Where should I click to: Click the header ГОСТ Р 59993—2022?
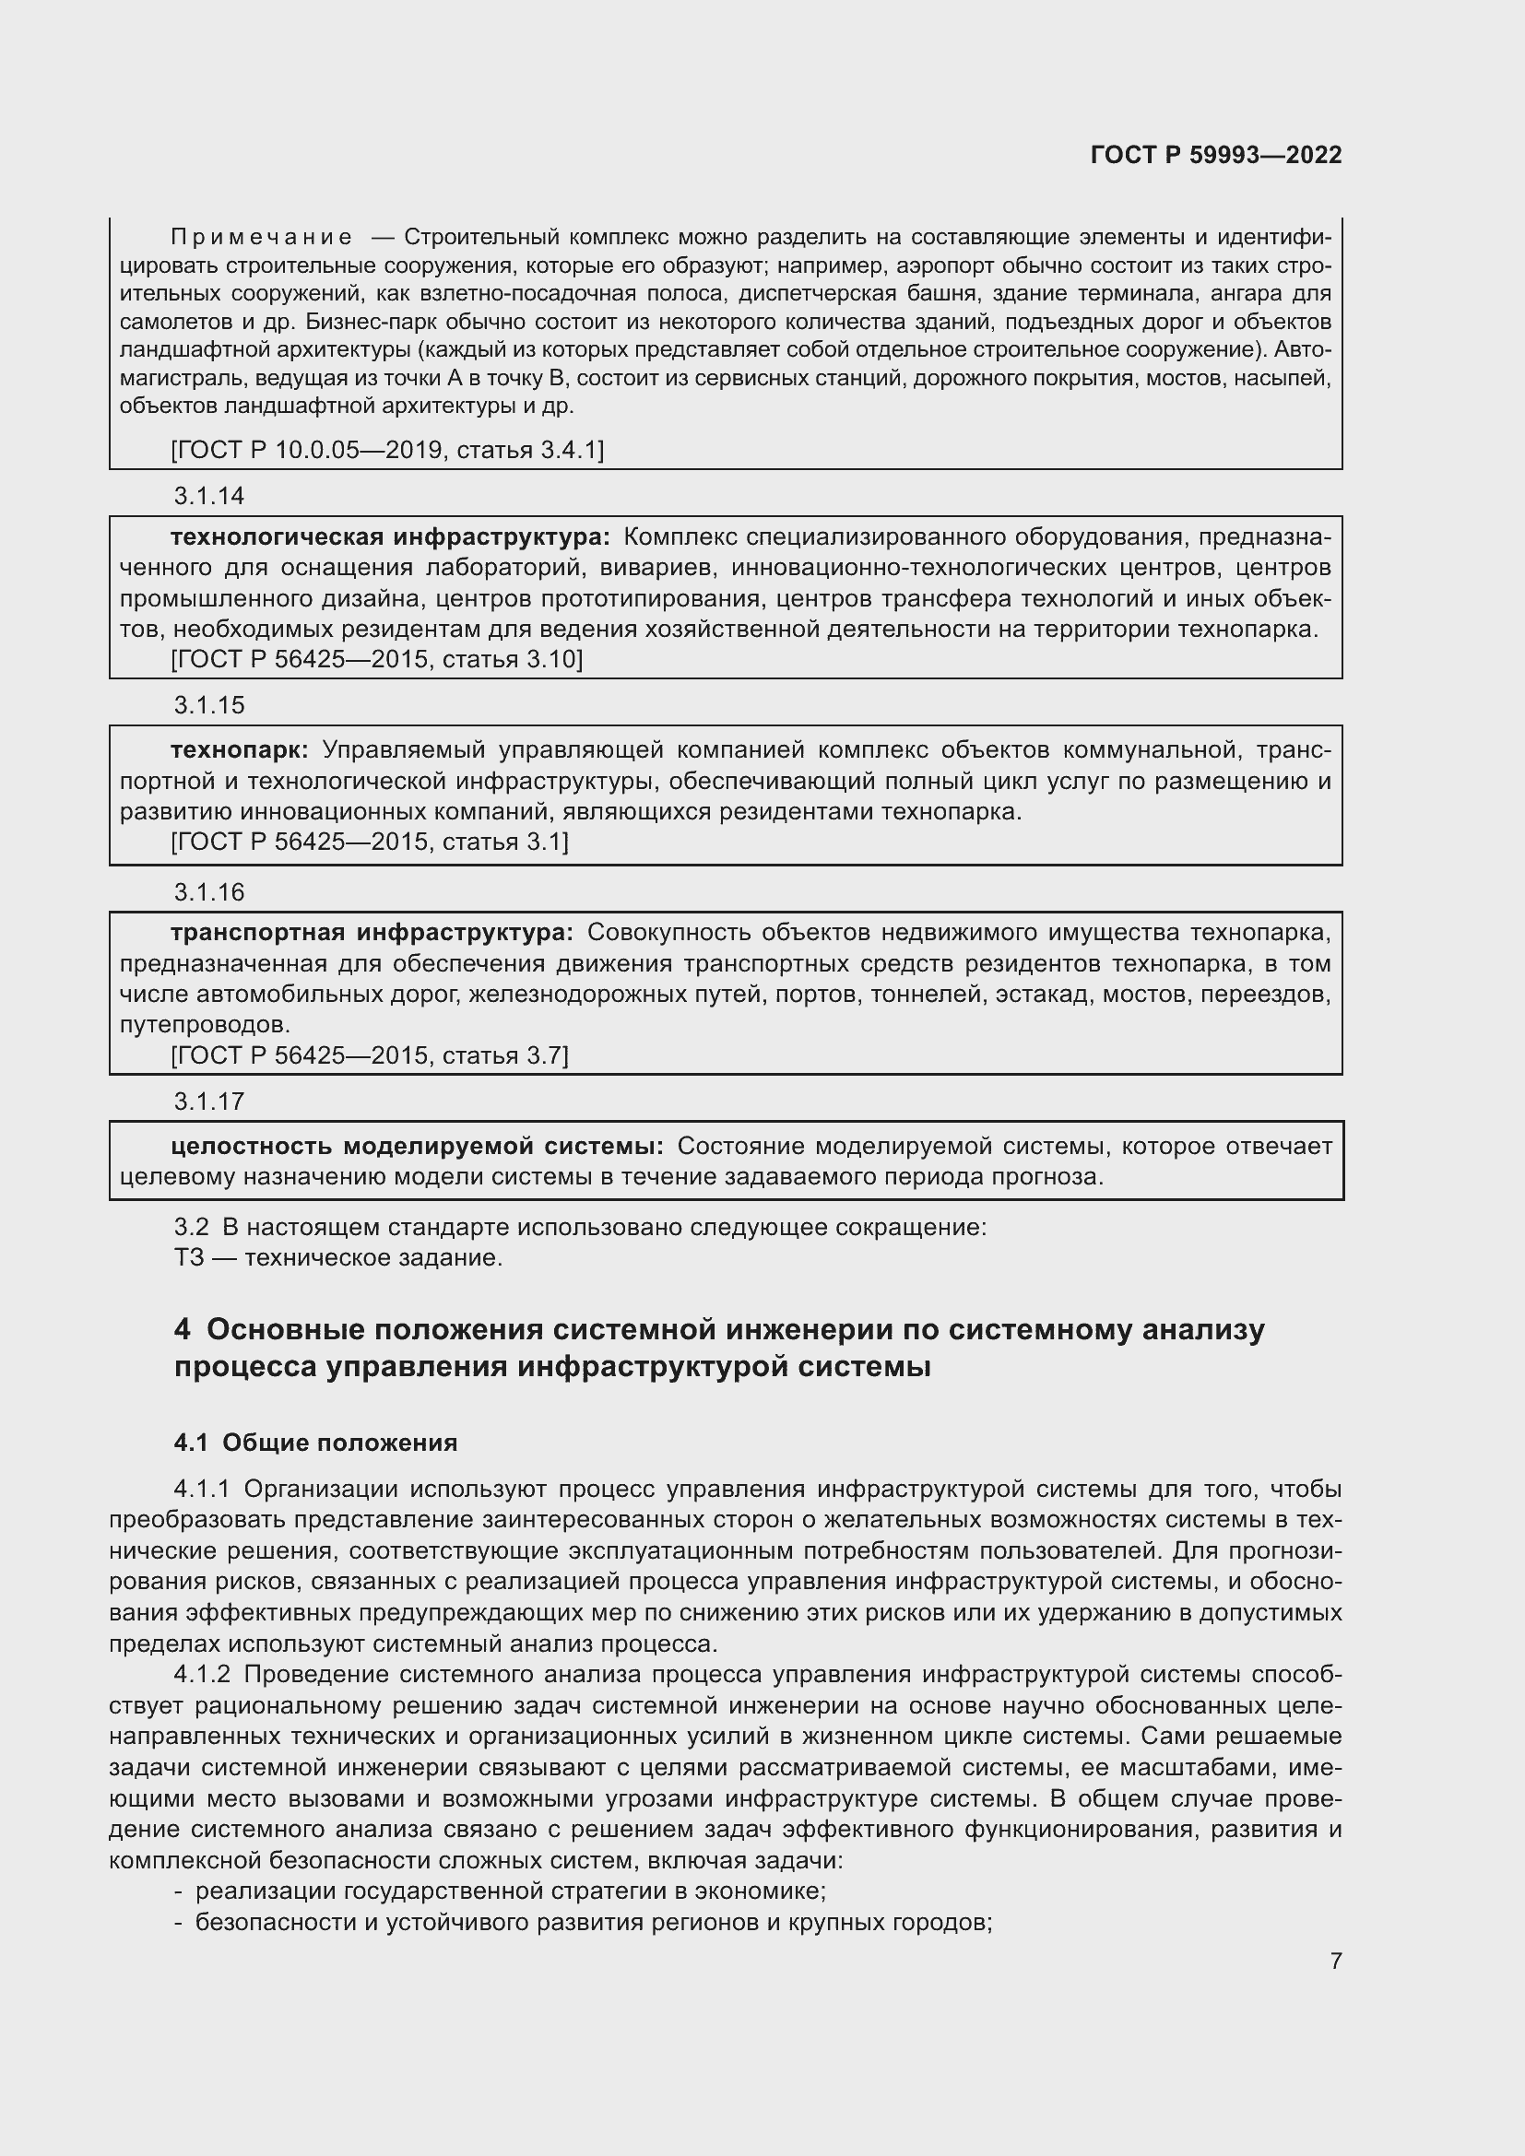tap(1215, 155)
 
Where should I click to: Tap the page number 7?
tap(1335, 1961)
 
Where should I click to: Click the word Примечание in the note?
tap(262, 237)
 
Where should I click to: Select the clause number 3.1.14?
tap(208, 496)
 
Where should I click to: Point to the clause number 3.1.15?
tap(208, 705)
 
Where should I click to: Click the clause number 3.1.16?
tap(208, 892)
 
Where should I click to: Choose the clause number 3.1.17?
tap(208, 1102)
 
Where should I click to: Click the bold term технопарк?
tap(239, 749)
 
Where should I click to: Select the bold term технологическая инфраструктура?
tap(390, 537)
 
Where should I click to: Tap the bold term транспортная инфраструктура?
tap(371, 933)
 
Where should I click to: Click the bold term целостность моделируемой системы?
tap(417, 1146)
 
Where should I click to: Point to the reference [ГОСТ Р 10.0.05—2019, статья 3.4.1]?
tap(387, 450)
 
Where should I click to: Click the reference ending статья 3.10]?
tap(376, 659)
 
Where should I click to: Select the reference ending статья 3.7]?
tap(370, 1055)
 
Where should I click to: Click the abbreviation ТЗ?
tap(189, 1257)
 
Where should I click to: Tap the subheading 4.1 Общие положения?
tap(315, 1443)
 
